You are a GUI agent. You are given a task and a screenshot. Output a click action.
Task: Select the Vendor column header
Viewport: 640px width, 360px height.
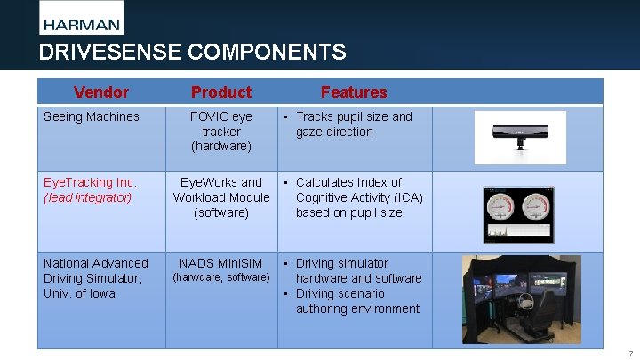[x=101, y=92]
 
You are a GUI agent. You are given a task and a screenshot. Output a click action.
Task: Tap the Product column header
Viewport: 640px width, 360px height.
[x=221, y=92]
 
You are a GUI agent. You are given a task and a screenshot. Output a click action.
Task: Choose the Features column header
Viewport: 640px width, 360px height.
[x=354, y=92]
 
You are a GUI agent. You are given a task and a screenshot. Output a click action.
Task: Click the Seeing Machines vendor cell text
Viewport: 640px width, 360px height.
[x=92, y=116]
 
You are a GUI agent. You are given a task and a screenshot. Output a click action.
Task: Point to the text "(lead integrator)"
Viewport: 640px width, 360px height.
[x=88, y=197]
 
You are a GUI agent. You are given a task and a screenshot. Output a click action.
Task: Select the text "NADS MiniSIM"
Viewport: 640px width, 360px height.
[x=221, y=263]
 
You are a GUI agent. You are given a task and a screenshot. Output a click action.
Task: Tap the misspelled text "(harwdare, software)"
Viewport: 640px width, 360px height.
[x=221, y=277]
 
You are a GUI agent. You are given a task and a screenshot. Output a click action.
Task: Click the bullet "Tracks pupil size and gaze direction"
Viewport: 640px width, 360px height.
[x=354, y=124]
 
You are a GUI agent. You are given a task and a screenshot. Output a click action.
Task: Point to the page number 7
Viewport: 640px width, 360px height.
[x=629, y=353]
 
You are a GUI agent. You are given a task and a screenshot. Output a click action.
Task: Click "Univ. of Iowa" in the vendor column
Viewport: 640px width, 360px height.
[x=79, y=293]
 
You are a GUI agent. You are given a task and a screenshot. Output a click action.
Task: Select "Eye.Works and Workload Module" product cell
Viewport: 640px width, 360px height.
[x=221, y=190]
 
